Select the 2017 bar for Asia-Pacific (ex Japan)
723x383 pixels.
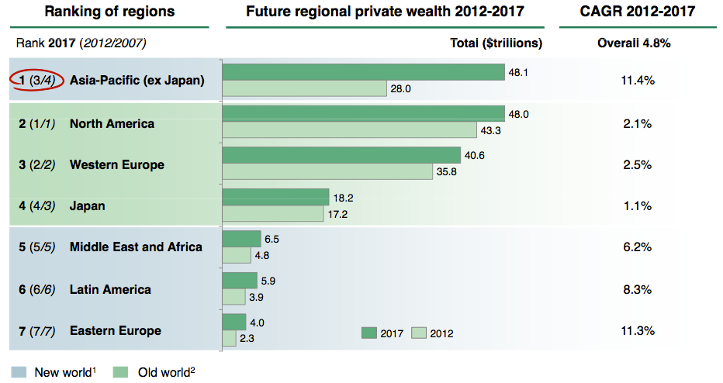[363, 72]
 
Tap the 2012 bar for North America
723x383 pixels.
[349, 130]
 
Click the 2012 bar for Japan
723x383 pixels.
[272, 213]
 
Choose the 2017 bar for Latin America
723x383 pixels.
[240, 280]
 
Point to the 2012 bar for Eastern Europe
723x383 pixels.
[230, 338]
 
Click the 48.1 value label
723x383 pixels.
[518, 72]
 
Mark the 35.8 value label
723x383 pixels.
[446, 172]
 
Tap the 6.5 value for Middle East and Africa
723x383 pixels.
[272, 239]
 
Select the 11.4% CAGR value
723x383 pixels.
[638, 80]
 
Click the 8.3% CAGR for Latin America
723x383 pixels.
[638, 289]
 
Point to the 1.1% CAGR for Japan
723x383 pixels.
[638, 206]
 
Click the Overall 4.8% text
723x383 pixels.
[634, 43]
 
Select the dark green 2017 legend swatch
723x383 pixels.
[369, 333]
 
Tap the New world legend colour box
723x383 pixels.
[19, 371]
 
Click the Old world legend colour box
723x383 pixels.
[120, 371]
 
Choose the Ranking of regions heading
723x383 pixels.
[109, 12]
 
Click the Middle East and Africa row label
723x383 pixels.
[136, 247]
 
